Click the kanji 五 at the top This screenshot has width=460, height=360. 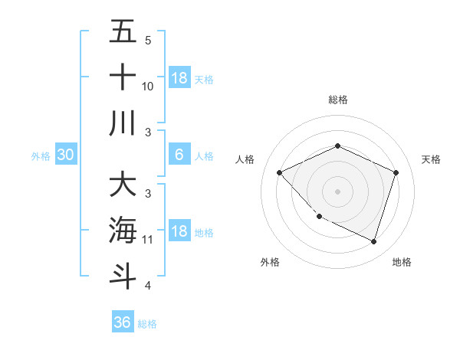coord(122,31)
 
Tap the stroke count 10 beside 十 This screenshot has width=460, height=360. coord(148,87)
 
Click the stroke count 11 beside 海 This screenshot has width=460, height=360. coord(148,240)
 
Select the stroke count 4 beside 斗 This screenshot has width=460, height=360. coord(148,286)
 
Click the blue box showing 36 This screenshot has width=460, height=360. coord(123,322)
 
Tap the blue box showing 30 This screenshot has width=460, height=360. coord(66,155)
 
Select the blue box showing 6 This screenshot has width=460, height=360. coord(179,155)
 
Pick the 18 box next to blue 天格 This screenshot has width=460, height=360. coord(179,78)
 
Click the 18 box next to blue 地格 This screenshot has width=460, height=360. coord(179,231)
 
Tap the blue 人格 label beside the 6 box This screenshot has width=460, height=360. coord(204,156)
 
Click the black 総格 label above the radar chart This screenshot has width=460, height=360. coord(337,100)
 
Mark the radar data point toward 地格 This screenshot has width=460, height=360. coord(373,241)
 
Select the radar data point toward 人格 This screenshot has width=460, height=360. coord(280,172)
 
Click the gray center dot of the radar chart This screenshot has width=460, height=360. coord(337,191)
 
